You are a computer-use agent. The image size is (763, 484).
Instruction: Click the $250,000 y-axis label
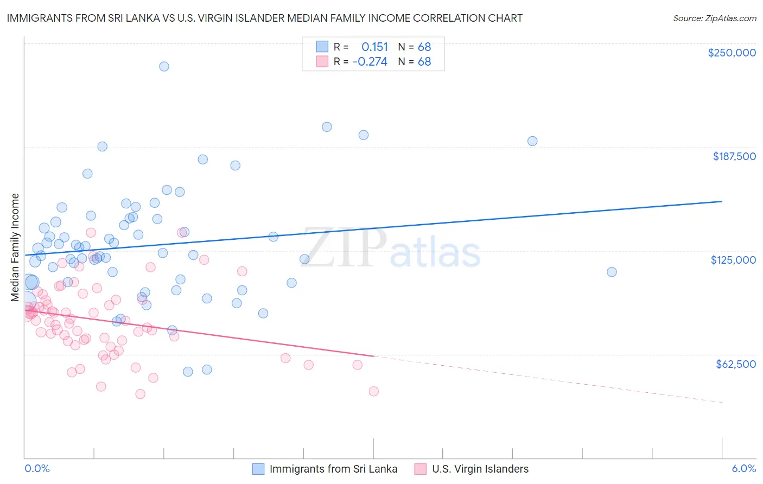732,53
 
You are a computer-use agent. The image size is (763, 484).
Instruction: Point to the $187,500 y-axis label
734,156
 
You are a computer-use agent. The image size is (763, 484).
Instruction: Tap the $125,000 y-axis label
733,260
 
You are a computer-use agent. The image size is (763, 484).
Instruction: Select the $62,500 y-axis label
735,364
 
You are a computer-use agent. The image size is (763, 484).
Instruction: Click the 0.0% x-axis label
37,469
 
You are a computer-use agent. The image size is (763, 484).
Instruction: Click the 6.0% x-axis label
743,469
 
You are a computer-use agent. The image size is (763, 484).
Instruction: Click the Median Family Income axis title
15,247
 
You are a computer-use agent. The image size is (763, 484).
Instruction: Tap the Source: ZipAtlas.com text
714,18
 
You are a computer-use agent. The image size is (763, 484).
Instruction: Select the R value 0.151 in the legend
374,47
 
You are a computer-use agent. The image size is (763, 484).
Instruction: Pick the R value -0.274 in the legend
370,62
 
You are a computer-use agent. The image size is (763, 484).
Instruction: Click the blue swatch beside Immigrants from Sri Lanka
258,469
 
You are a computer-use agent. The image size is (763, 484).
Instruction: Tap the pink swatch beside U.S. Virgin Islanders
421,469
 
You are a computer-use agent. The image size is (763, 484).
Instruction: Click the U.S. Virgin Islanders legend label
480,469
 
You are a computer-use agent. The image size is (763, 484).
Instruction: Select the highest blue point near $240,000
164,66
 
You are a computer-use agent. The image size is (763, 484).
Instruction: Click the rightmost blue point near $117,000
612,272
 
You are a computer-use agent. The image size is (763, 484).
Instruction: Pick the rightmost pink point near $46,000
373,391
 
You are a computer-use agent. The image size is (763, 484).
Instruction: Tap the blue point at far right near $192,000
532,141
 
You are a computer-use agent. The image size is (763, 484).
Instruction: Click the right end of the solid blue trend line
722,201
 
